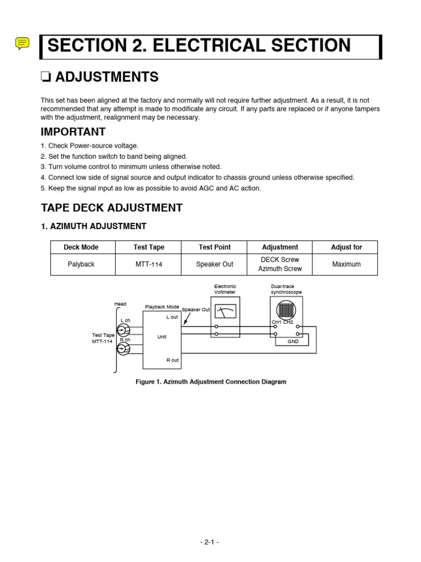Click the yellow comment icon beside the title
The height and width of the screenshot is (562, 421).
22,43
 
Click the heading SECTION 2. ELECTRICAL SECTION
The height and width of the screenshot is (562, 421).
199,46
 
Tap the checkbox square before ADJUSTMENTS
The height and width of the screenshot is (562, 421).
45,78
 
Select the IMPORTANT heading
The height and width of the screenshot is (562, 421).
73,132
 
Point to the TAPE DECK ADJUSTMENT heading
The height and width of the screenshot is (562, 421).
112,207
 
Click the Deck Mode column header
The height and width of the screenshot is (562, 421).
81,248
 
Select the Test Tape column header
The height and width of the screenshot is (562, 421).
149,248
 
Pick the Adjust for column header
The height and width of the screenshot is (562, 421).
346,248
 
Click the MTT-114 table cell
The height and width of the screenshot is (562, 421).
149,264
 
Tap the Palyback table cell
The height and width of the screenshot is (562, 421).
81,264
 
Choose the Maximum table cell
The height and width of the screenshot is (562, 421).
346,264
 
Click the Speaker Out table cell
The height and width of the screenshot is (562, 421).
214,264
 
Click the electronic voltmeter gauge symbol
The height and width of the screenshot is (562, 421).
225,311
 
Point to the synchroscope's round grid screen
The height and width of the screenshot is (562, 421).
286,310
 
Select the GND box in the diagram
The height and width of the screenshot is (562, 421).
293,341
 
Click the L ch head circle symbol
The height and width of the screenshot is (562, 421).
123,330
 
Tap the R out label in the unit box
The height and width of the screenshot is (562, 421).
172,360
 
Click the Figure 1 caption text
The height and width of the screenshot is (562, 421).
210,381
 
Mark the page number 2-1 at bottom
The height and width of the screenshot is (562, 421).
209,542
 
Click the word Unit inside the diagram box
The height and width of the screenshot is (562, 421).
162,337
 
